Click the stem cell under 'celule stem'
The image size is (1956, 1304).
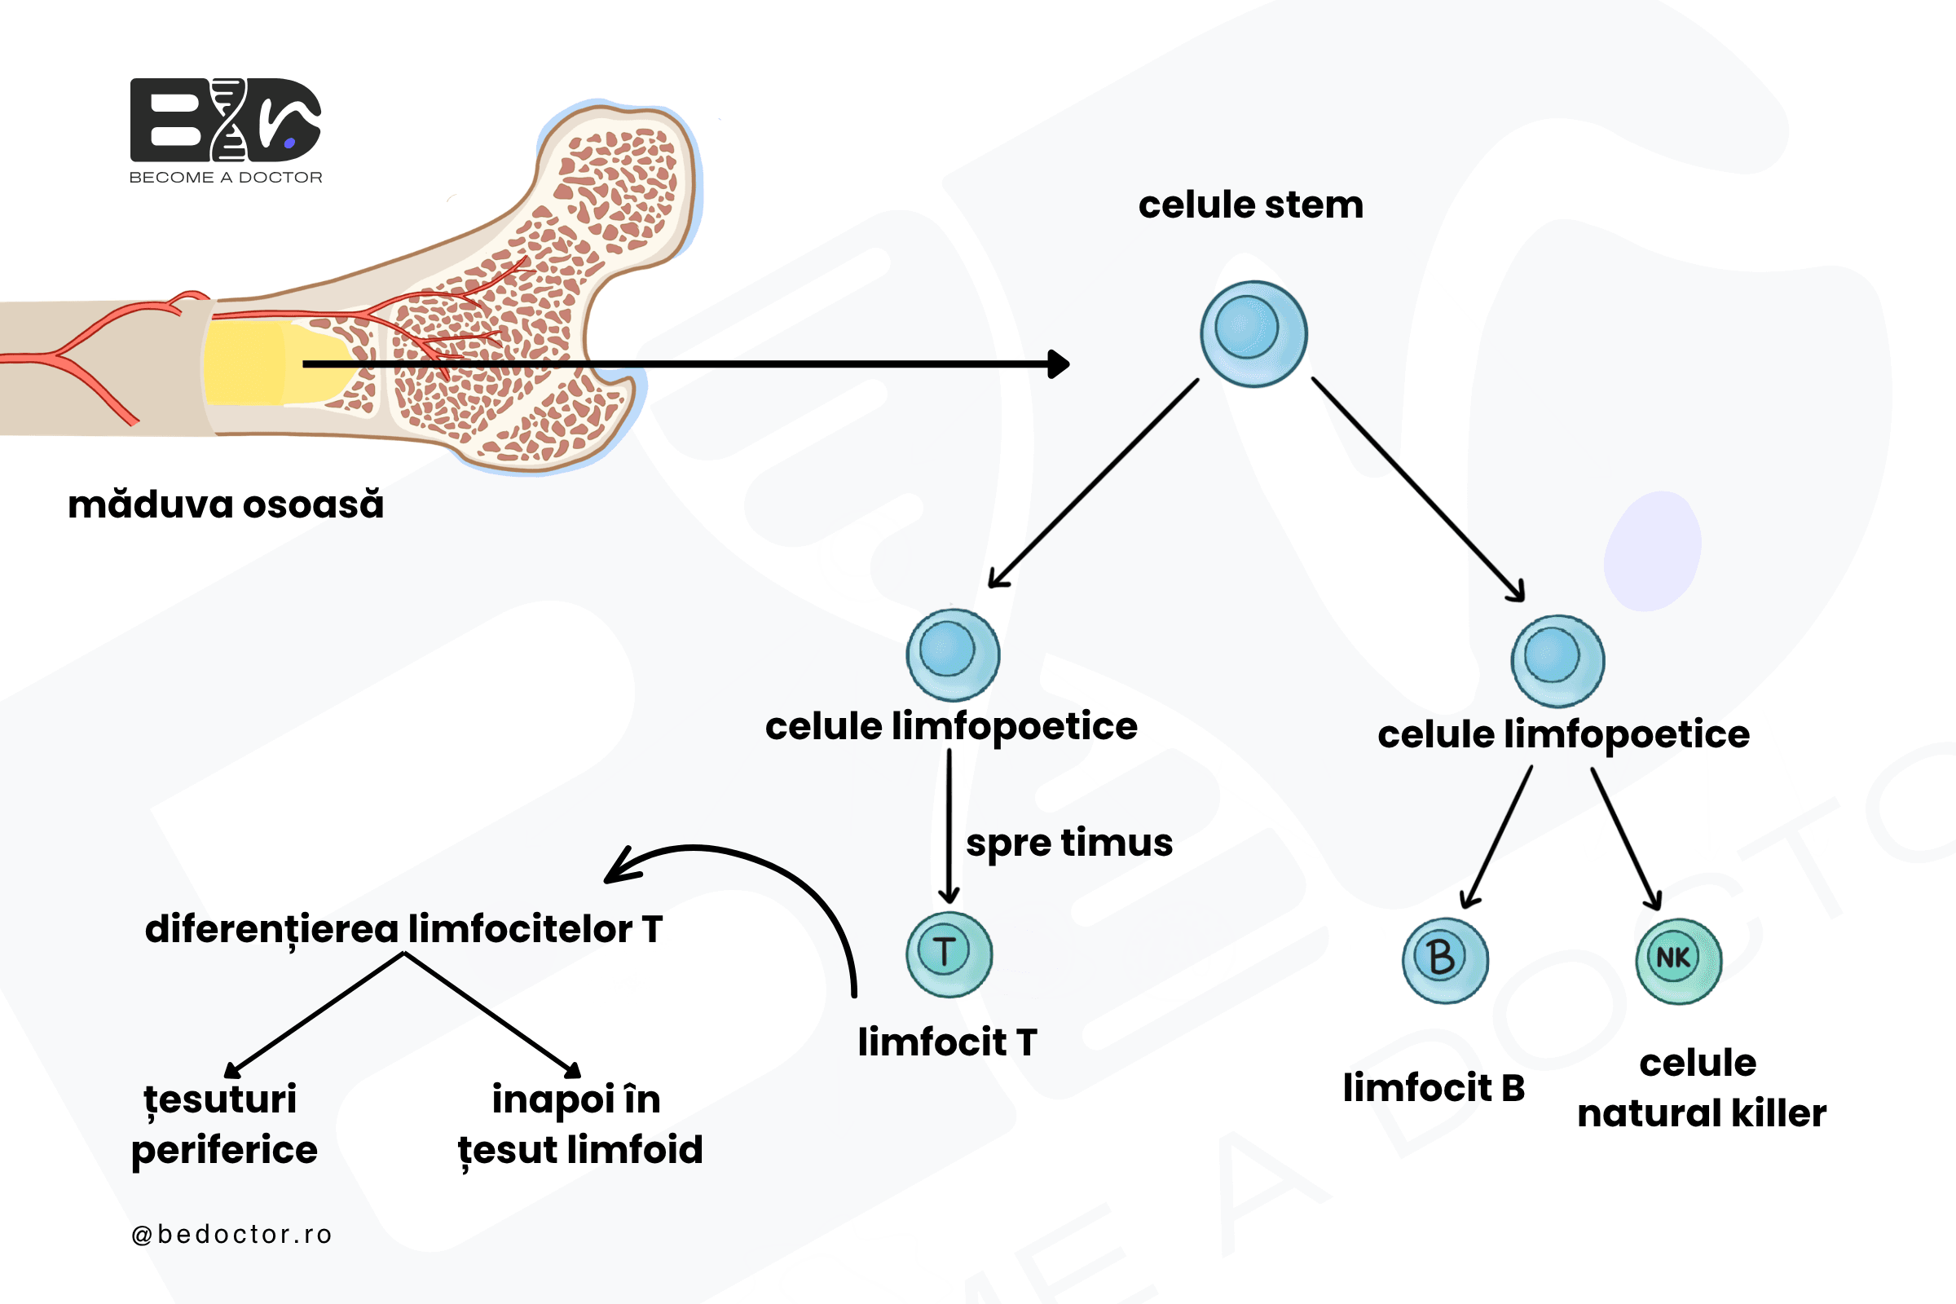point(1253,333)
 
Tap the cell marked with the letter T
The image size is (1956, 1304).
point(949,954)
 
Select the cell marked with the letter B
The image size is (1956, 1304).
point(1445,961)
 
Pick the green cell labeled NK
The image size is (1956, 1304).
point(1679,962)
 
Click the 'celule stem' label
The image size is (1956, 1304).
point(1251,205)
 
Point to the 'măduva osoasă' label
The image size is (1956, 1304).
point(226,504)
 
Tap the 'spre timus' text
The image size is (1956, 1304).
point(1069,844)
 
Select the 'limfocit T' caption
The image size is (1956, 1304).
point(947,1042)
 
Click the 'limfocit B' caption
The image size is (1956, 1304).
point(1434,1088)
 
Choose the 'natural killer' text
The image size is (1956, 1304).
point(1702,1112)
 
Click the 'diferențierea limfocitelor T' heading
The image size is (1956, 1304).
point(404,930)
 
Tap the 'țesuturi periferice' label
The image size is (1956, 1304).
point(223,1126)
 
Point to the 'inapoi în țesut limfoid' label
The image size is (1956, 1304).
point(580,1126)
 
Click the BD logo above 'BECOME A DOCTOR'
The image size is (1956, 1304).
point(226,120)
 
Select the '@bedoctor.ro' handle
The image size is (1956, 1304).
point(231,1234)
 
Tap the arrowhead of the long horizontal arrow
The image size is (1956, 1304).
point(1059,363)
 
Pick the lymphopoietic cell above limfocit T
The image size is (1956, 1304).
point(953,655)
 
